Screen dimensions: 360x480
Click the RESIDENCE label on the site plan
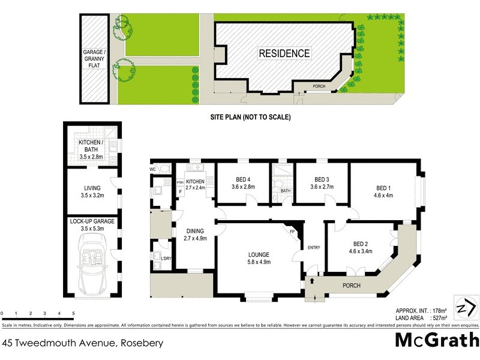(284, 53)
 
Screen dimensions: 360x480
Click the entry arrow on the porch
(311, 280)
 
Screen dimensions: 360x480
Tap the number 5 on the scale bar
(73, 314)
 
